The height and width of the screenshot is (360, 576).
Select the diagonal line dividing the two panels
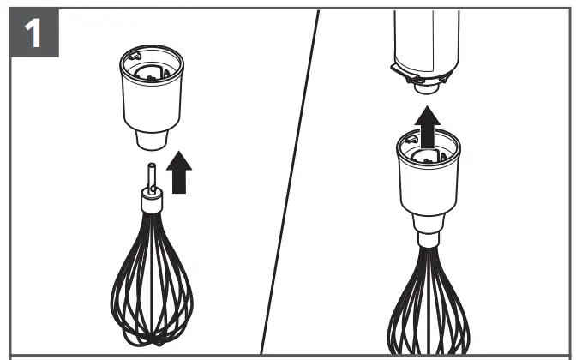click(291, 180)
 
